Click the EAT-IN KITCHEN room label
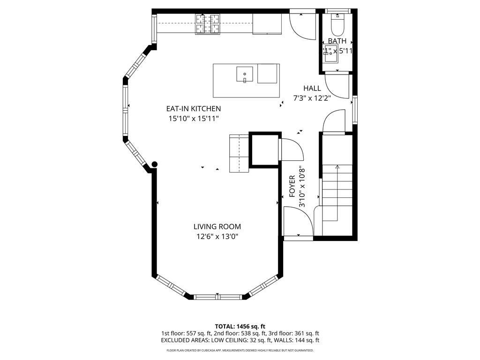[x=193, y=109]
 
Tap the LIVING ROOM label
[x=217, y=227]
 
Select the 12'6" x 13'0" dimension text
[x=217, y=237]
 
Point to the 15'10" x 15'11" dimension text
[x=194, y=119]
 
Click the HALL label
[x=312, y=88]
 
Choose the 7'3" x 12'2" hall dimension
[x=312, y=98]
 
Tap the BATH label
[x=337, y=41]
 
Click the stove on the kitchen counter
[x=208, y=24]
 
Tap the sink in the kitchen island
[x=244, y=74]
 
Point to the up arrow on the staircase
[x=337, y=168]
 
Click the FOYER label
[x=292, y=185]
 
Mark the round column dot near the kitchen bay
[x=155, y=164]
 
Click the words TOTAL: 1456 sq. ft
[x=240, y=326]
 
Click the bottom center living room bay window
[x=217, y=296]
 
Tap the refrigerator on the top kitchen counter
[x=267, y=24]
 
